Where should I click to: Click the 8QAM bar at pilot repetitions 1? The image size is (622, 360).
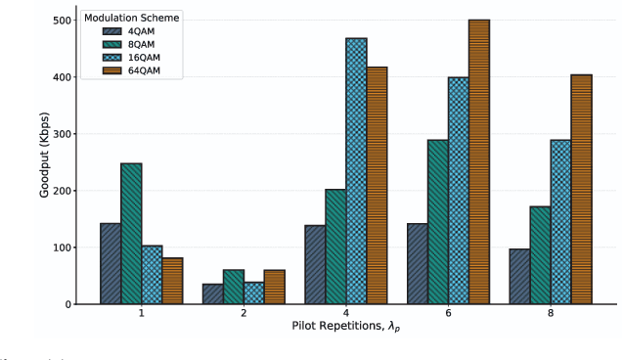point(131,234)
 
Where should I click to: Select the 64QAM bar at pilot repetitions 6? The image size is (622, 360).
point(479,162)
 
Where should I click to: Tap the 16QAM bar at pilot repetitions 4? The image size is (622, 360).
point(356,171)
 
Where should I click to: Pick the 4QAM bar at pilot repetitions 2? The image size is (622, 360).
point(213,293)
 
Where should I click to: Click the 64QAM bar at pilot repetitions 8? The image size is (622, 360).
point(581,190)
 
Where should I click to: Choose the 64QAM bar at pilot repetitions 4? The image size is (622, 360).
point(377,186)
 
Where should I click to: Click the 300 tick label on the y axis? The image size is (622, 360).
point(59,134)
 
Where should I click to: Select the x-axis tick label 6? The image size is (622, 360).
point(448,315)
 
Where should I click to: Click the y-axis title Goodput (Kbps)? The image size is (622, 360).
point(45,162)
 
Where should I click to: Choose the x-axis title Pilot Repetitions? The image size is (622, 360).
point(345,327)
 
